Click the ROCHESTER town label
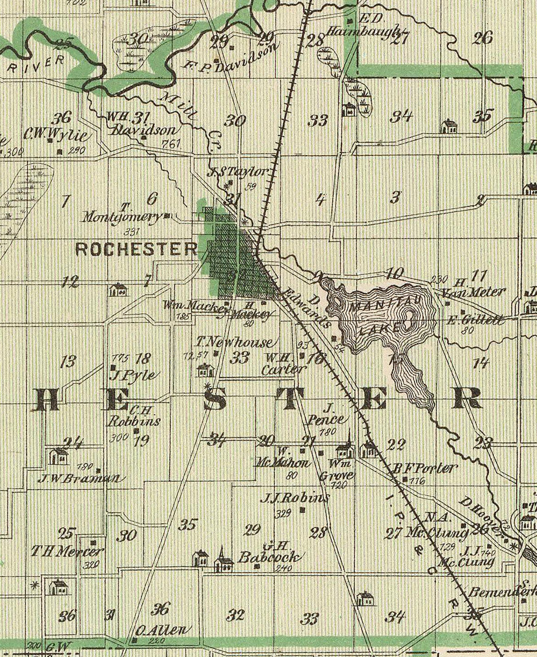(136, 249)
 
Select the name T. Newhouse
(235, 342)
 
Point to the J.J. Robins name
(295, 499)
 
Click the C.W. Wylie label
(56, 133)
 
